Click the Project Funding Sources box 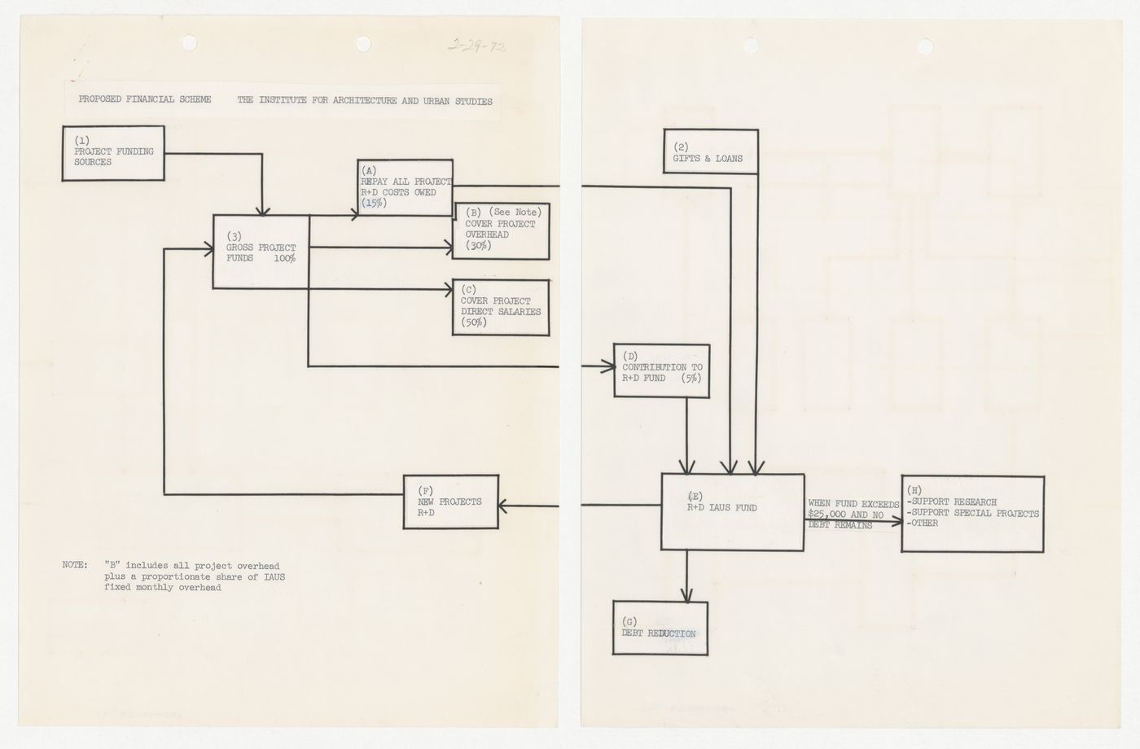tap(113, 152)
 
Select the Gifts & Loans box tap(711, 152)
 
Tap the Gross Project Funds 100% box tap(261, 252)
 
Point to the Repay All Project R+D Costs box tap(405, 187)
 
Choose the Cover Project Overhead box tap(502, 231)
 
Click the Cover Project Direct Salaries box tap(501, 308)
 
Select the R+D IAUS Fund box tap(733, 512)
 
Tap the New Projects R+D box tap(452, 502)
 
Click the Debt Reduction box tap(660, 629)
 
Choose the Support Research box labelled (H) tap(972, 513)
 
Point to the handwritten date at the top tap(477, 46)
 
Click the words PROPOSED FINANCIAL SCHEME tap(145, 100)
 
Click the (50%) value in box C tap(474, 323)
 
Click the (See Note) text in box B tap(515, 212)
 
